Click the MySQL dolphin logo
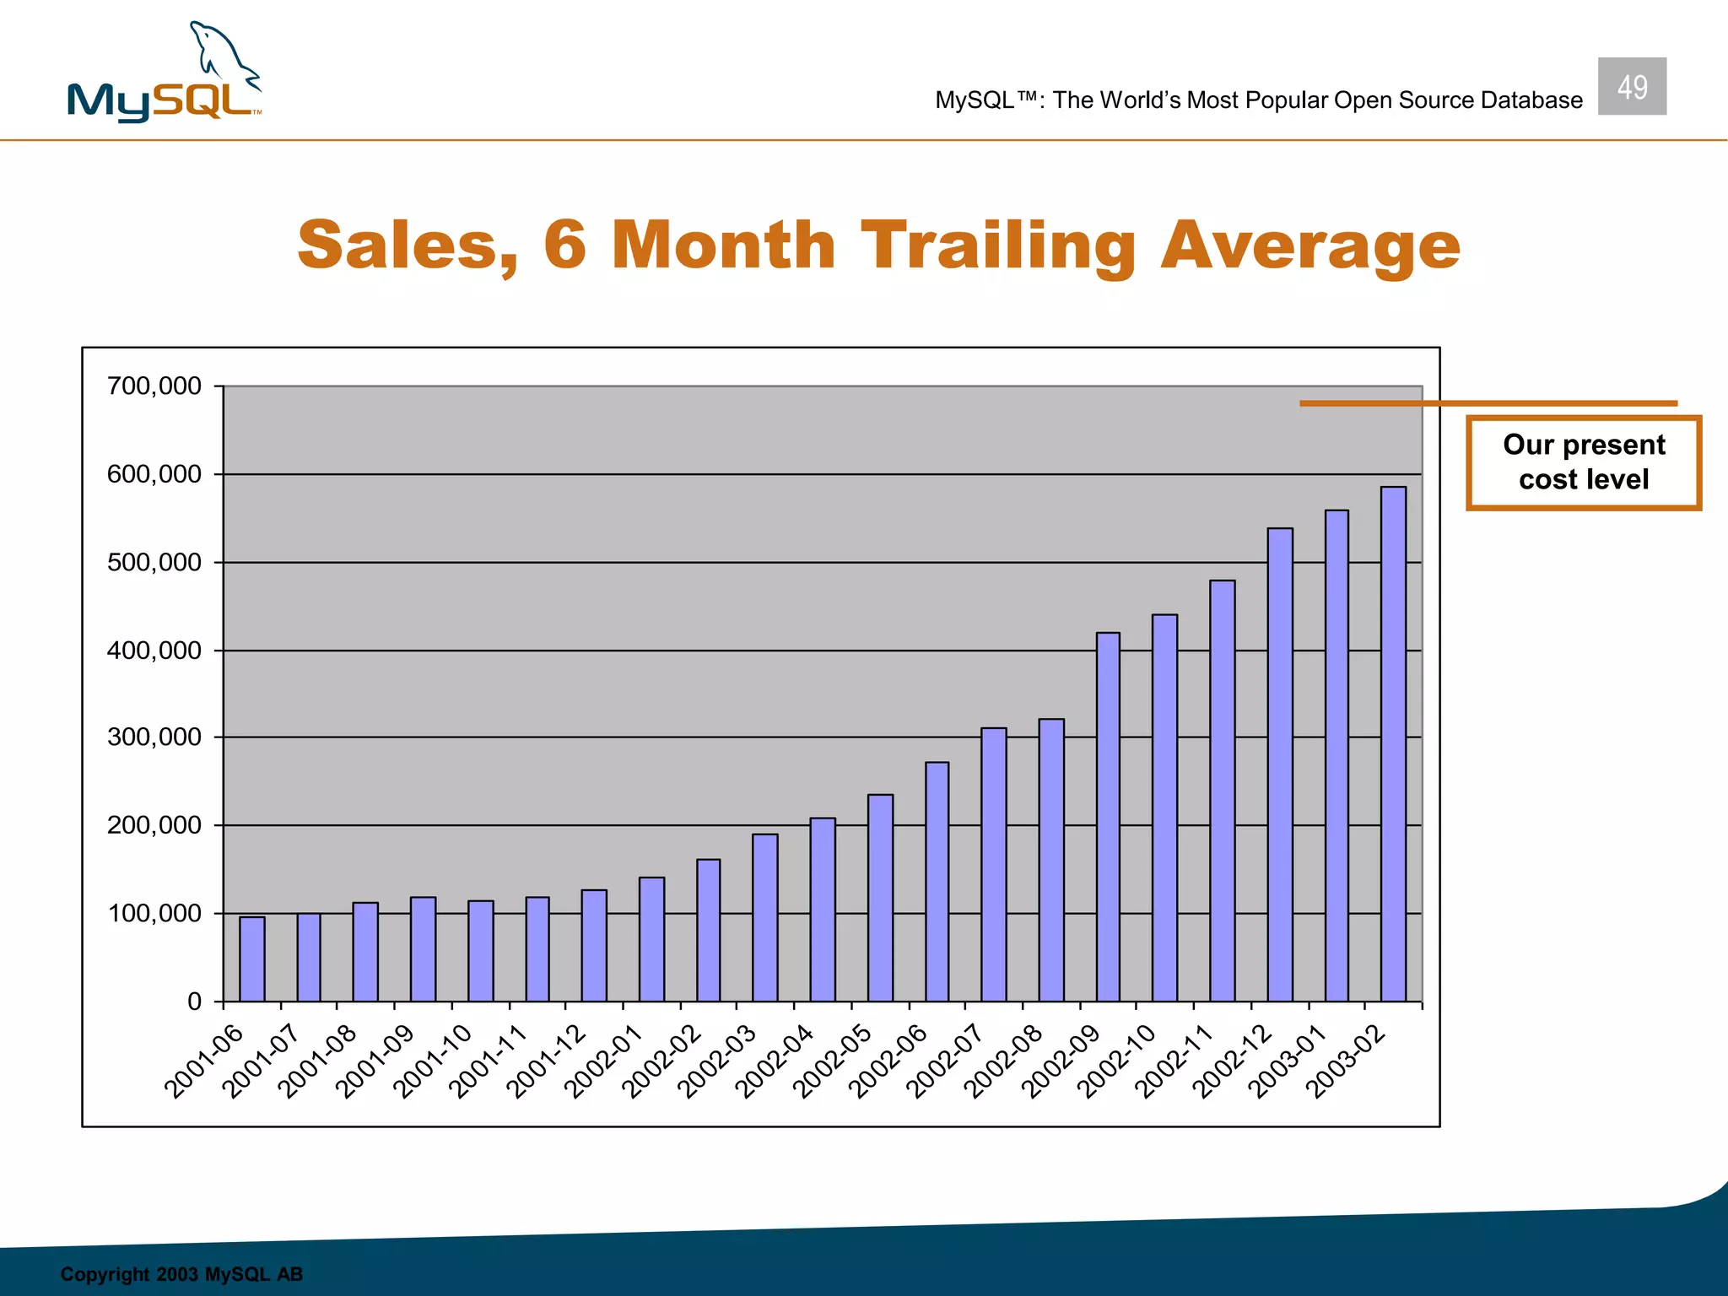click(165, 74)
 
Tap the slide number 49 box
click(1632, 86)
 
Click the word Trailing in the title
click(998, 246)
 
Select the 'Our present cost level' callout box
click(1584, 462)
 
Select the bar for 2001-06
click(251, 958)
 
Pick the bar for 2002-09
click(1108, 817)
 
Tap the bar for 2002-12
click(1280, 764)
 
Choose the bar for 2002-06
click(937, 881)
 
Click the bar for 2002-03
click(764, 917)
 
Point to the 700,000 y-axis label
click(154, 386)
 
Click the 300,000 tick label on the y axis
click(154, 737)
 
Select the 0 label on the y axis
click(194, 1002)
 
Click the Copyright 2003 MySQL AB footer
click(181, 1273)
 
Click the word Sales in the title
click(408, 246)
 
